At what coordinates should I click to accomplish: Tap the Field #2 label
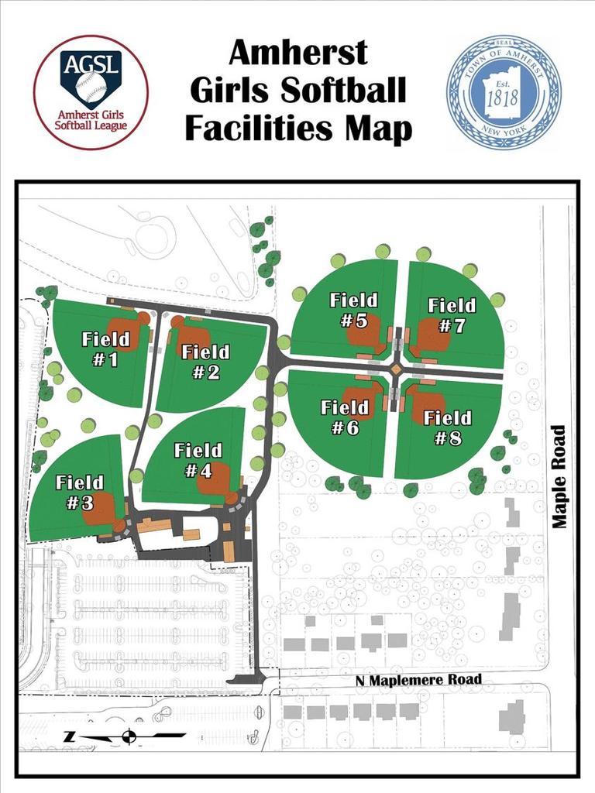(x=205, y=362)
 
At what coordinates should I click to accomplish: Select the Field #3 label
(x=80, y=493)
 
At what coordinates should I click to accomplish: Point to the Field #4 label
(x=198, y=460)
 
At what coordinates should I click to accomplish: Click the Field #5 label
(x=353, y=310)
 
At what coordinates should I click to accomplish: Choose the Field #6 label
(x=344, y=417)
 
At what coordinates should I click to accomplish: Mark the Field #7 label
(x=452, y=315)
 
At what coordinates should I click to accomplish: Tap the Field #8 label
(x=447, y=428)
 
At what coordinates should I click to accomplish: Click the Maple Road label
(x=560, y=476)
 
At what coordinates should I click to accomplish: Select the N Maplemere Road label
(x=418, y=680)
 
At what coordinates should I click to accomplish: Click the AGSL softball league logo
(x=91, y=91)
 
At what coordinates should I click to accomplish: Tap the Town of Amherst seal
(x=504, y=91)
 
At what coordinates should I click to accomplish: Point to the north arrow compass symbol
(x=129, y=736)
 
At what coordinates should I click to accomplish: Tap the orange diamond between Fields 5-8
(x=396, y=370)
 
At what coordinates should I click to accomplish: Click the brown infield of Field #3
(x=101, y=510)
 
